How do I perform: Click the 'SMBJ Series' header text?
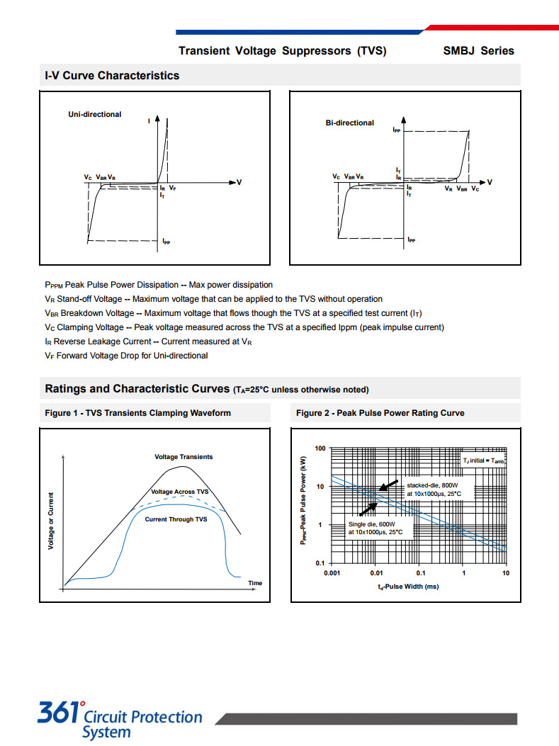(478, 51)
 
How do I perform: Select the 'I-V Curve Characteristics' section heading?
(112, 76)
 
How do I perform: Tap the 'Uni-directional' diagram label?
(95, 114)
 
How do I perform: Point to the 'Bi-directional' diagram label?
(350, 123)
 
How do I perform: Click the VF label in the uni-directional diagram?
(173, 188)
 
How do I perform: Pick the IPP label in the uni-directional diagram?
(166, 242)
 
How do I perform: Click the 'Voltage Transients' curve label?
(183, 457)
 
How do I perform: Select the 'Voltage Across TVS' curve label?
(180, 492)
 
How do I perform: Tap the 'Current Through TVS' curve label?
(176, 519)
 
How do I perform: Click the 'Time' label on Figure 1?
(255, 583)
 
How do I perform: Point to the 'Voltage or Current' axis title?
(51, 520)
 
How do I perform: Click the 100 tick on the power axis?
(320, 448)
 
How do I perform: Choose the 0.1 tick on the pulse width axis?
(421, 573)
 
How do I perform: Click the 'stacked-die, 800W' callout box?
(433, 490)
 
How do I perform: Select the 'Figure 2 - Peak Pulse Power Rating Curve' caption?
(380, 413)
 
